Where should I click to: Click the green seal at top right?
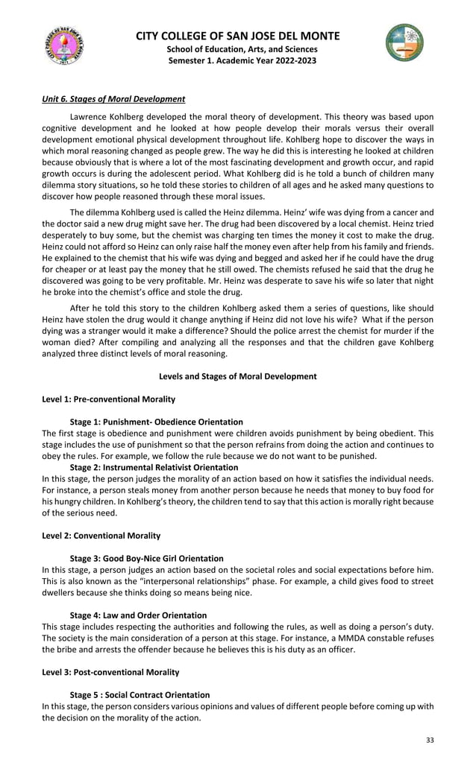click(x=404, y=42)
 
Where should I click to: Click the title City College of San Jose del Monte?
click(x=238, y=36)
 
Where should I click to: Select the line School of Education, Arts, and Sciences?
click(x=238, y=48)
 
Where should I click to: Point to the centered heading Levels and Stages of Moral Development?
click(x=238, y=376)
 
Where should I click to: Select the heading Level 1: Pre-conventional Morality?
click(x=109, y=399)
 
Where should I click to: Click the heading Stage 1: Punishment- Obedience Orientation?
click(x=156, y=422)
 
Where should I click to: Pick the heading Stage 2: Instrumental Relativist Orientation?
click(x=154, y=467)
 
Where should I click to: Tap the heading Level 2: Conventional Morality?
click(x=101, y=536)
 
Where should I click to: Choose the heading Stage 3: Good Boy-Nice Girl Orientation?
click(x=146, y=558)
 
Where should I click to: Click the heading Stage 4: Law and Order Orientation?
click(x=138, y=615)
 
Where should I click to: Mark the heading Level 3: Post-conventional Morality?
click(x=110, y=672)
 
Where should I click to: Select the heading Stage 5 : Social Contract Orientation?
click(x=140, y=694)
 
